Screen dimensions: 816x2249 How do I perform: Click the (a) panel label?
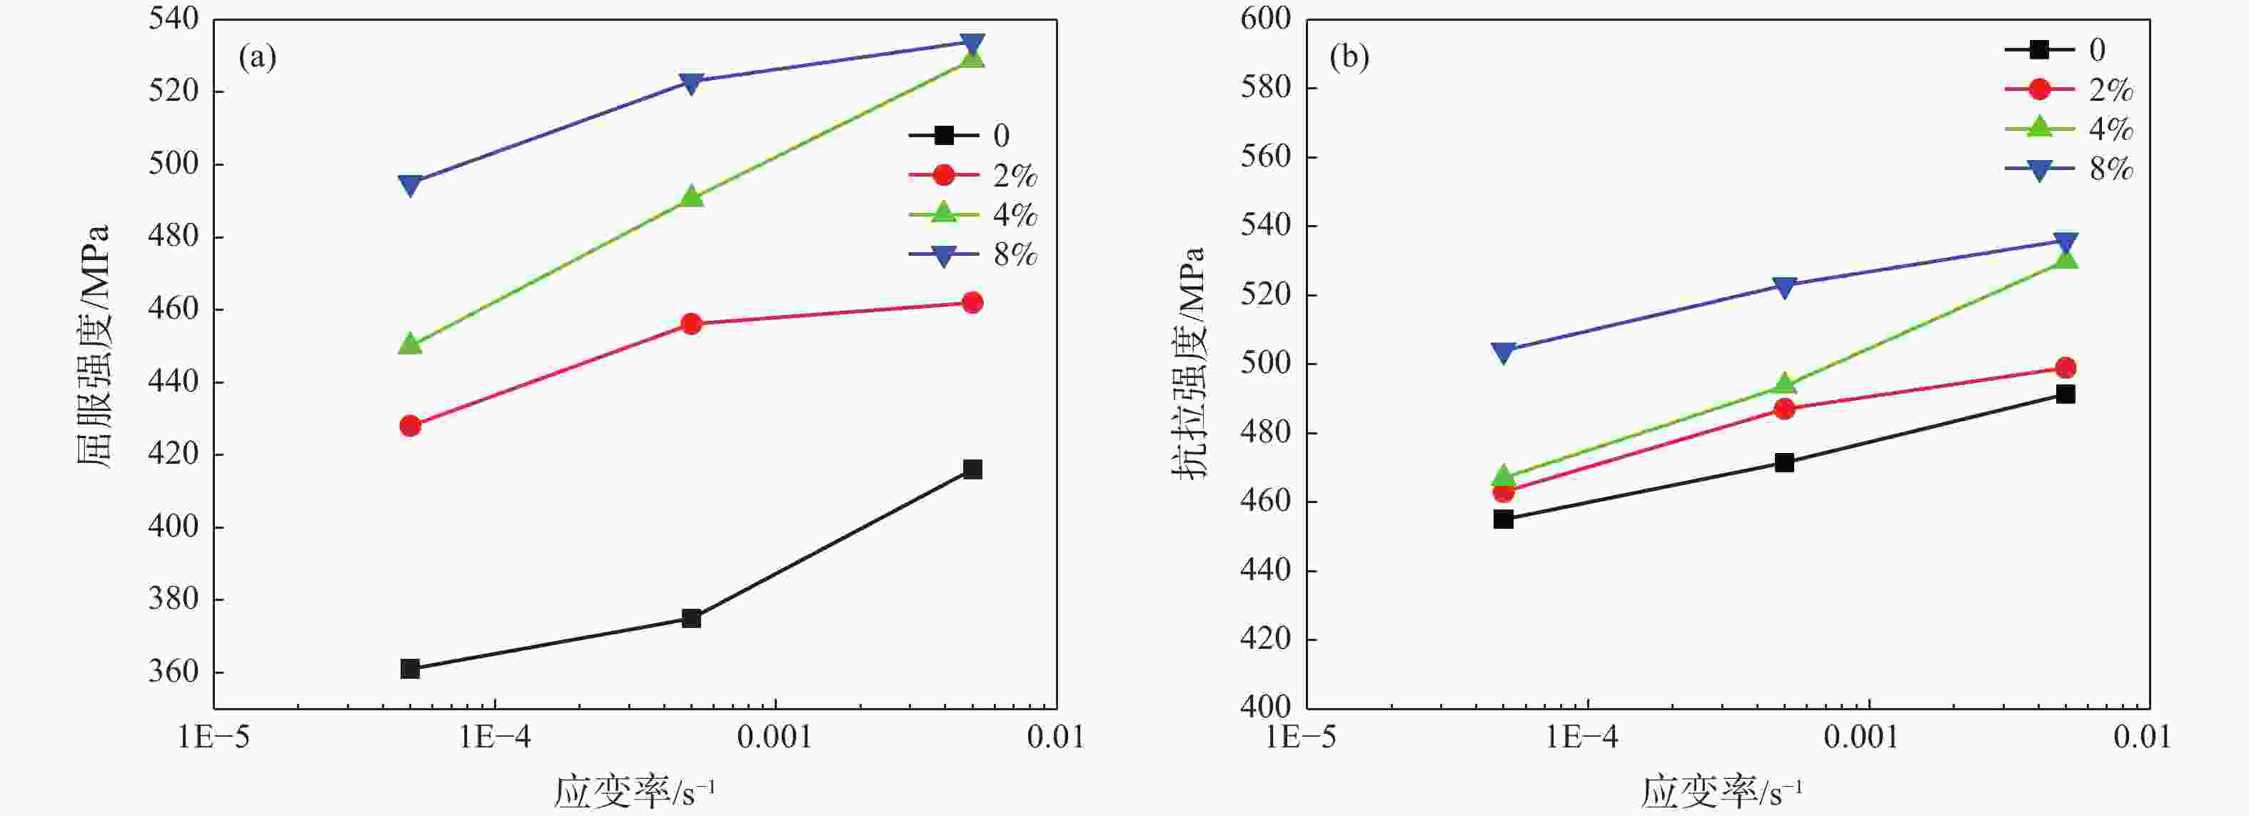[x=258, y=59]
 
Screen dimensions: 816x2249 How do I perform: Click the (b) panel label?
[x=1349, y=59]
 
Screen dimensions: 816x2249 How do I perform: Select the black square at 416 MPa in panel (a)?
[x=972, y=469]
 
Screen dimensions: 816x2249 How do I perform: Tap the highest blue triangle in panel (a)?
[x=972, y=43]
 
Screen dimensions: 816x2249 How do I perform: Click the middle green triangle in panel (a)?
[x=691, y=197]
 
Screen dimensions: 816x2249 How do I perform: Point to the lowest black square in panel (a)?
[x=411, y=670]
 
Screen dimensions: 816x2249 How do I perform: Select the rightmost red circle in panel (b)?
[x=2066, y=368]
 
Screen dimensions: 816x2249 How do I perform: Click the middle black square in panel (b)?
[x=1784, y=463]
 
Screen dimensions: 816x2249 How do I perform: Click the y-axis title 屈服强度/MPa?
[x=94, y=346]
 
